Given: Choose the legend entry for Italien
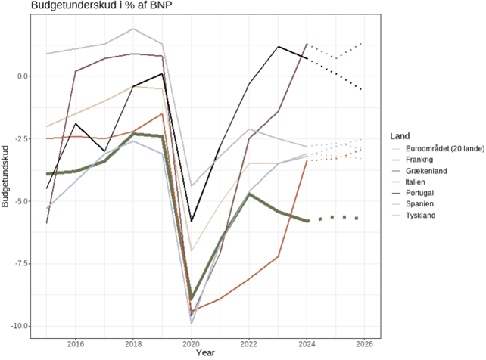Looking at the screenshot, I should tap(420, 182).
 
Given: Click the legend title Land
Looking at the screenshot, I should tap(400, 135).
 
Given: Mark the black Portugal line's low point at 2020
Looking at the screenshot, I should tap(192, 221).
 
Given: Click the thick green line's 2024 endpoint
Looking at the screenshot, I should tap(307, 221).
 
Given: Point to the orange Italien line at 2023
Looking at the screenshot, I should tap(279, 256).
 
